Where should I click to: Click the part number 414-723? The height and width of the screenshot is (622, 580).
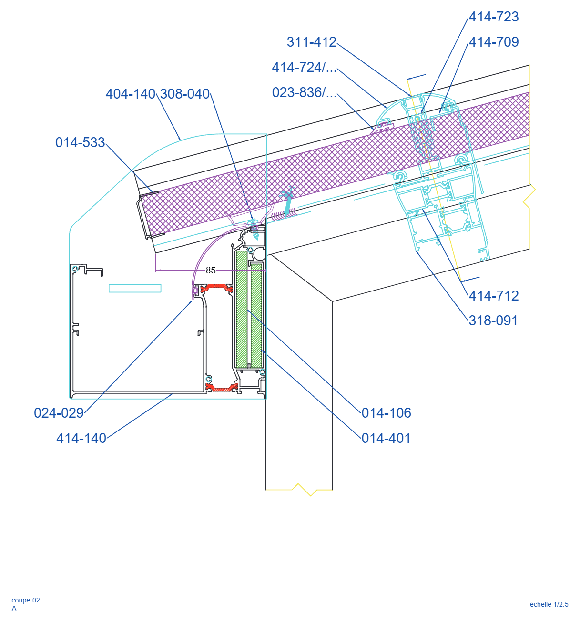pyautogui.click(x=493, y=17)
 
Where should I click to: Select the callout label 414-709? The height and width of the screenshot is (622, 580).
pyautogui.click(x=493, y=42)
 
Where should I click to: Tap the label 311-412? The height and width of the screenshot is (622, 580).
pyautogui.click(x=311, y=42)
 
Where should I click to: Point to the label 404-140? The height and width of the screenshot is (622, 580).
pyautogui.click(x=130, y=94)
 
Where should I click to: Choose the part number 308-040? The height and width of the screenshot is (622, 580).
pyautogui.click(x=184, y=94)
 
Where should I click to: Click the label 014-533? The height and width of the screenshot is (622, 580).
pyautogui.click(x=80, y=142)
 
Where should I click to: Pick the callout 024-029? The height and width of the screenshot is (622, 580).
pyautogui.click(x=59, y=412)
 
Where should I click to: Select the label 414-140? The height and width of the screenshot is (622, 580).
pyautogui.click(x=81, y=438)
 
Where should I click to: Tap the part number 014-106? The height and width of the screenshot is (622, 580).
pyautogui.click(x=386, y=412)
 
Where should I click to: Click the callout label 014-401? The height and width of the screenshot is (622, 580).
pyautogui.click(x=386, y=438)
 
